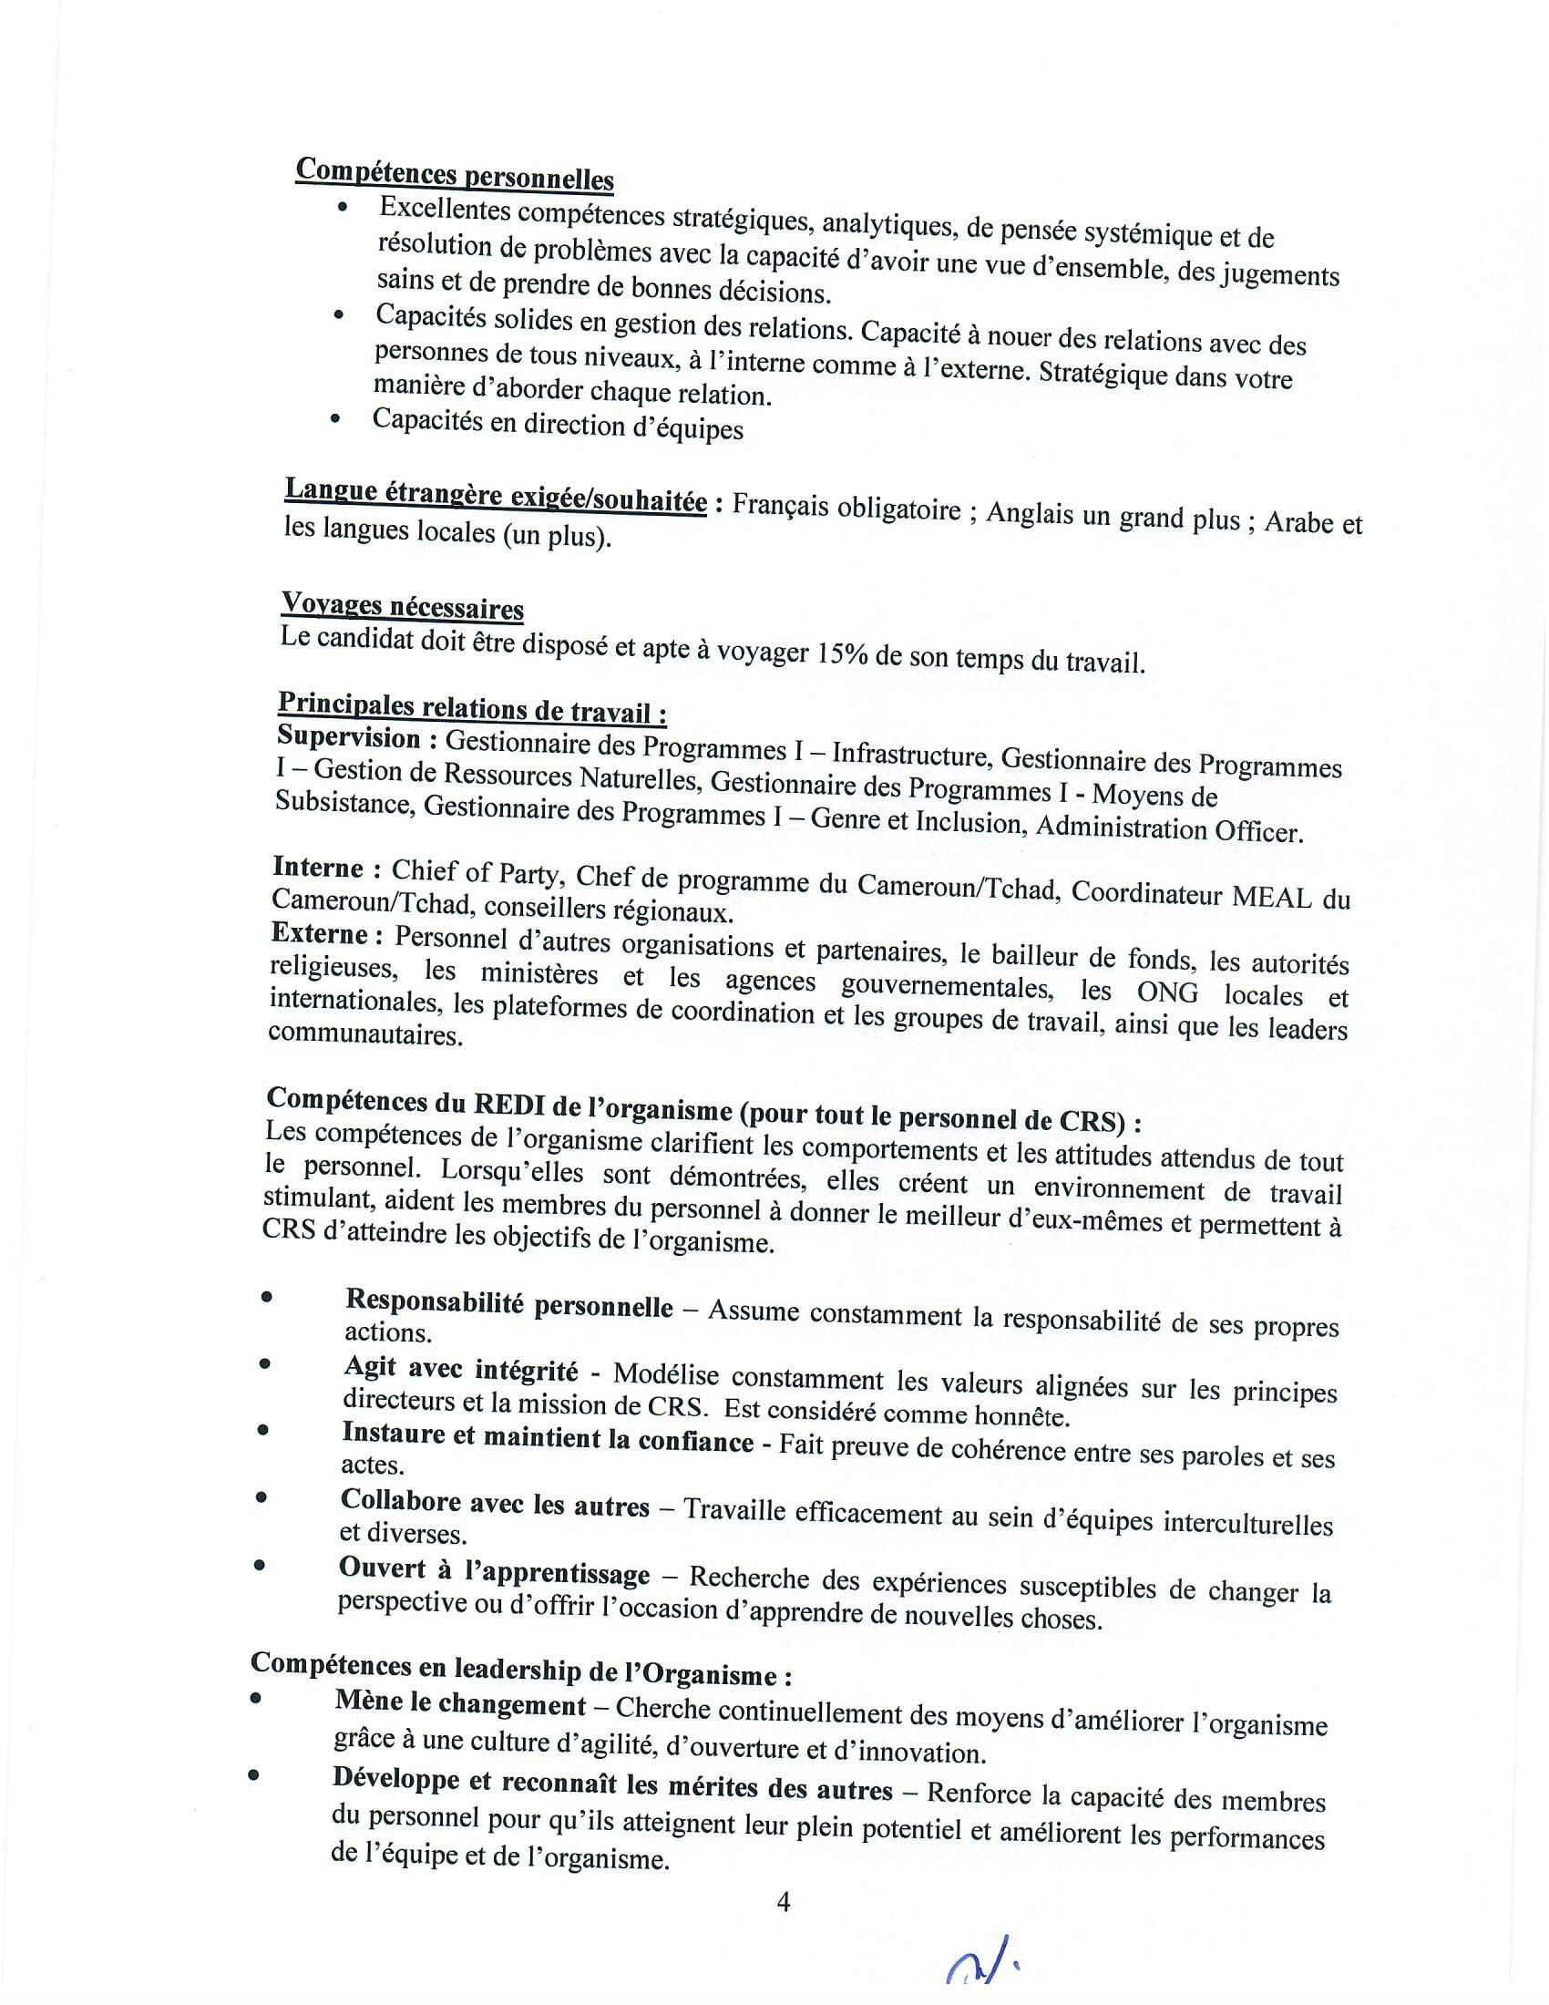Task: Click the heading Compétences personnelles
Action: (x=455, y=173)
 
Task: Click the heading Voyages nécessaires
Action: (x=402, y=606)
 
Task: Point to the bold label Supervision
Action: (x=349, y=737)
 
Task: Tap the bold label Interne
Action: (x=317, y=868)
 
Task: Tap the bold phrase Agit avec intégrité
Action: (x=461, y=1370)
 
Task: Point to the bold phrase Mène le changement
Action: (x=460, y=1704)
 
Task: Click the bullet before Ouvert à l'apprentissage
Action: (x=261, y=1566)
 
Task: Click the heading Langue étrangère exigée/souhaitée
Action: (x=496, y=497)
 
